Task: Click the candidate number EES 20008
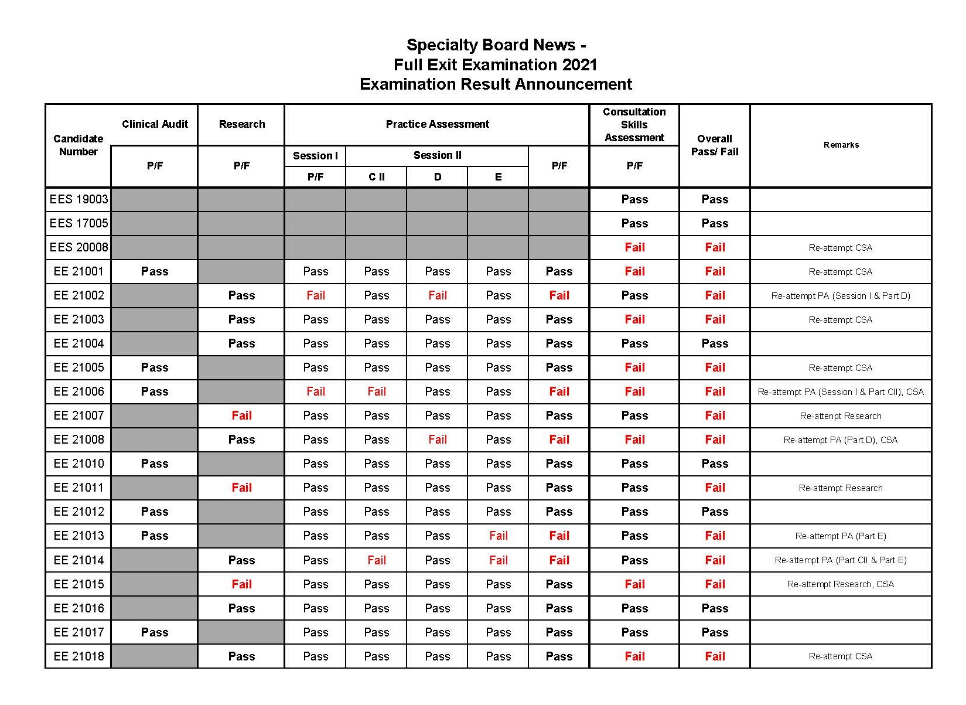[78, 247]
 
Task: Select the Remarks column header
[841, 145]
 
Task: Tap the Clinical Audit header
[155, 124]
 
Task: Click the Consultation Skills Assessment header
[634, 125]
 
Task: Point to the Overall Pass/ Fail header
[715, 145]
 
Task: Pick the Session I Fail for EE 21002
[315, 295]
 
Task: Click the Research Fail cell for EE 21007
[241, 415]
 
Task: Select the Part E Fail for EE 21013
[498, 536]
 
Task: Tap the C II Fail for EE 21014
[376, 560]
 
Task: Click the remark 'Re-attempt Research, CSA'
[840, 584]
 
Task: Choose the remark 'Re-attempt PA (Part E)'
[840, 536]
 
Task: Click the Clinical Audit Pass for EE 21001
[155, 271]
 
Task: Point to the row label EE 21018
[78, 656]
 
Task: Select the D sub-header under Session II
[437, 177]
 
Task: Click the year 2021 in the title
[579, 64]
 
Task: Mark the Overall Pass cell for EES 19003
[715, 199]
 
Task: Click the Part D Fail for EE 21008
[437, 440]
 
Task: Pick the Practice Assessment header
[437, 124]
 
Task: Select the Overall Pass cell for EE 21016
[715, 608]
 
